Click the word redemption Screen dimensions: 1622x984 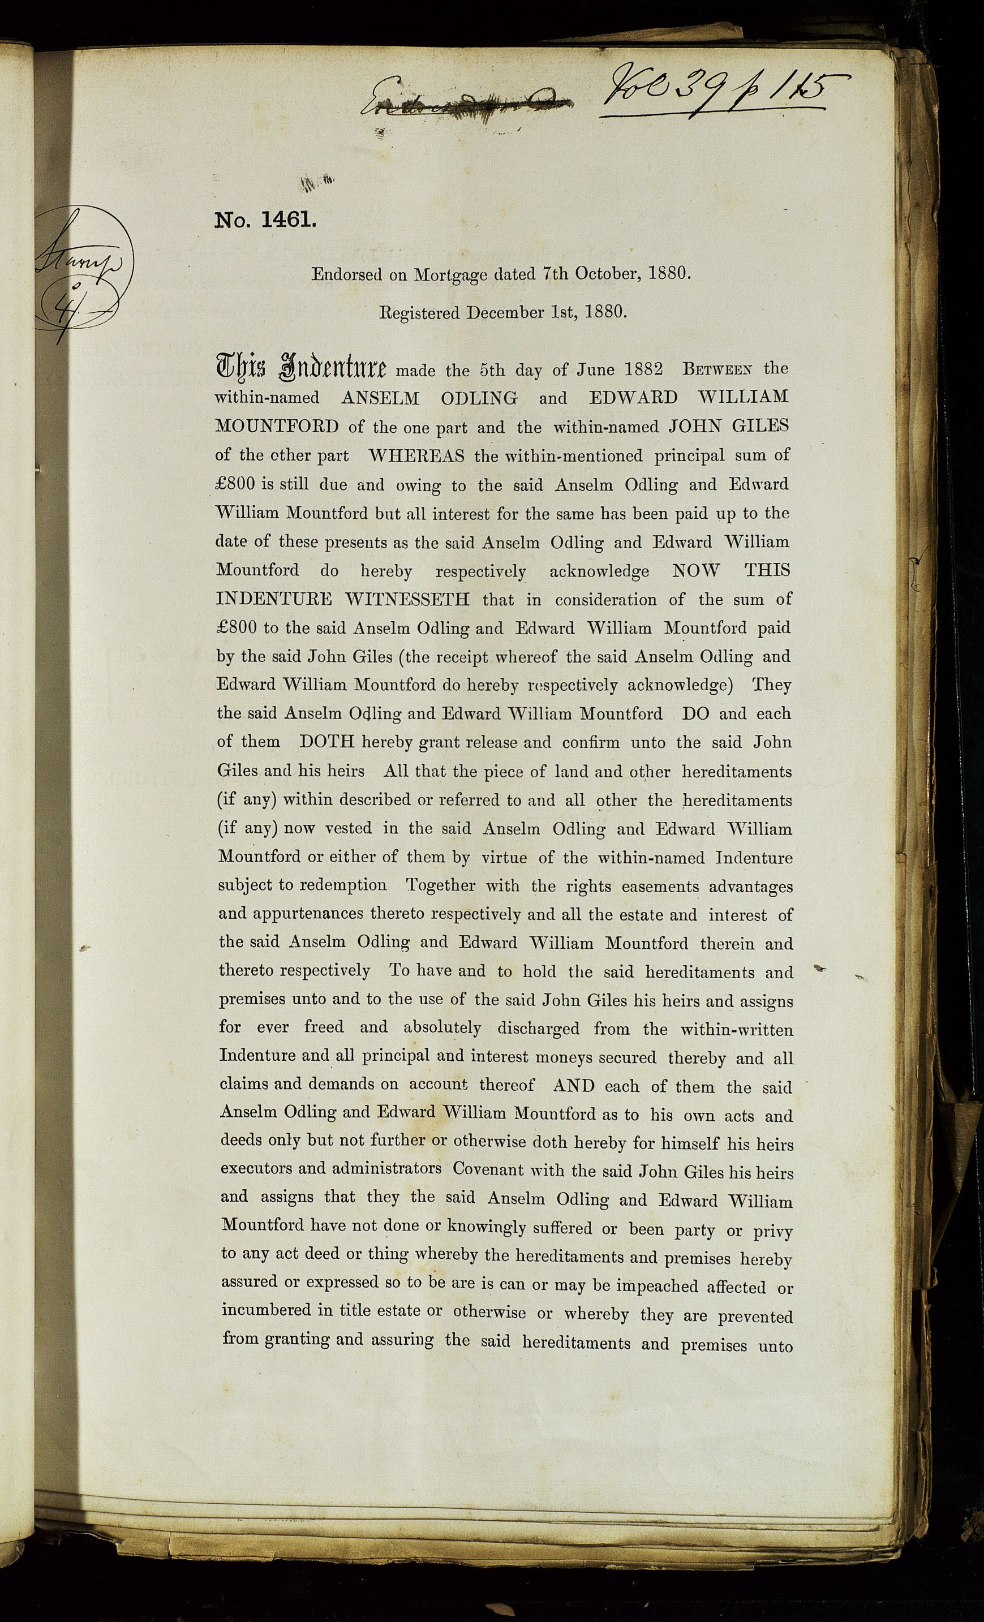(x=343, y=885)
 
